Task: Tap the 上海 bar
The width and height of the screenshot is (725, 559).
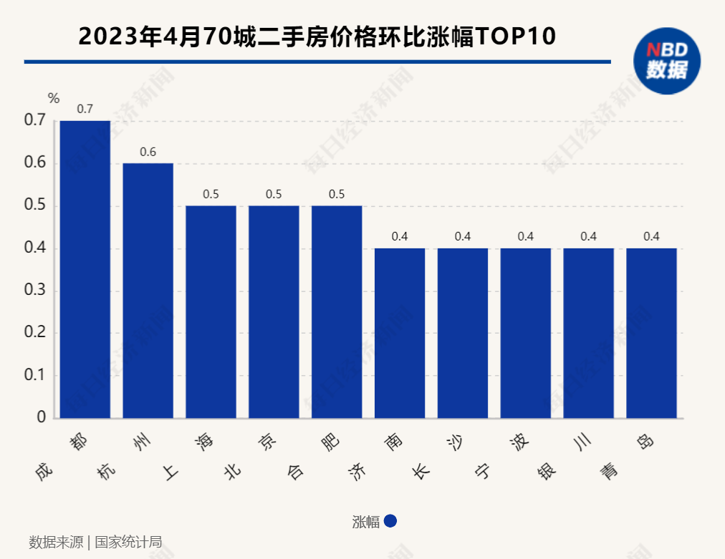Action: pyautogui.click(x=211, y=312)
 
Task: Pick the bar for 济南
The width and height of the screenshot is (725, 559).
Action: pyautogui.click(x=400, y=334)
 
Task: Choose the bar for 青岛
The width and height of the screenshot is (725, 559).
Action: pyautogui.click(x=651, y=334)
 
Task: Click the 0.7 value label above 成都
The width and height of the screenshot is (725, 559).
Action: pyautogui.click(x=85, y=109)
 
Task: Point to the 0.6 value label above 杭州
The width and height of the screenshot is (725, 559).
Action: pyautogui.click(x=148, y=152)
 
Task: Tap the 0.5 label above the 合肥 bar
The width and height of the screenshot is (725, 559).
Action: pyautogui.click(x=337, y=194)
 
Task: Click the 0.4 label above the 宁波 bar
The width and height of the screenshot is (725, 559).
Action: pyautogui.click(x=526, y=237)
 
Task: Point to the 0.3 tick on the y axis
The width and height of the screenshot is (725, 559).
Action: pyautogui.click(x=35, y=291)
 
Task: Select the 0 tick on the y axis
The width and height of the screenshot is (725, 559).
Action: pyautogui.click(x=41, y=418)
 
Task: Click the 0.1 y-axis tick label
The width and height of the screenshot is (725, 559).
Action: pyautogui.click(x=35, y=376)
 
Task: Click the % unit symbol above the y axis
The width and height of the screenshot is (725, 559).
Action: pyautogui.click(x=54, y=99)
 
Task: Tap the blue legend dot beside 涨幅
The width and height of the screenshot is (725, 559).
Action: pyautogui.click(x=390, y=522)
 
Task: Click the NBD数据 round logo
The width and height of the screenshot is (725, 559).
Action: pyautogui.click(x=666, y=60)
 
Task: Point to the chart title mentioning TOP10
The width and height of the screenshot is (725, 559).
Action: pyautogui.click(x=317, y=37)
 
